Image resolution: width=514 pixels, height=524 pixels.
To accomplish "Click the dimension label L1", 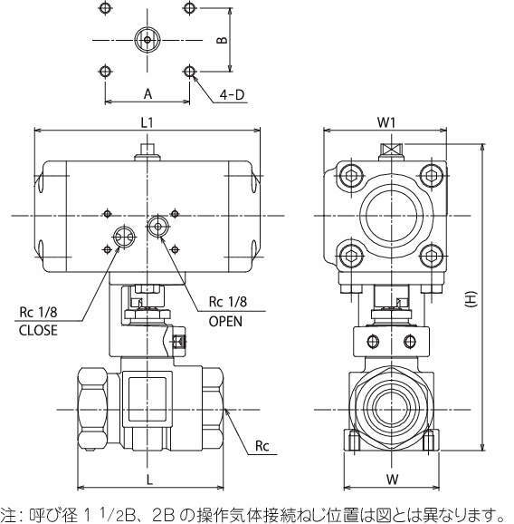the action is point(147,123).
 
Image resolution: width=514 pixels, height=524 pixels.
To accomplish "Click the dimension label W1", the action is point(386,122).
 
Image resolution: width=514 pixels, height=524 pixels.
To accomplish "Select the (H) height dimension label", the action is point(471,298).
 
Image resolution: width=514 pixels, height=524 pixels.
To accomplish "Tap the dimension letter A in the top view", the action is point(148,94).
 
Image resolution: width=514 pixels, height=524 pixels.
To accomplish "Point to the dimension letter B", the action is point(222,40).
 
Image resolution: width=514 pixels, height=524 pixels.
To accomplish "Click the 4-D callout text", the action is point(232,95).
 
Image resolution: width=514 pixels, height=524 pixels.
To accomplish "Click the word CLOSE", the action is point(38,331).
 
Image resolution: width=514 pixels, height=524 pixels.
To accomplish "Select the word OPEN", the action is point(225,321).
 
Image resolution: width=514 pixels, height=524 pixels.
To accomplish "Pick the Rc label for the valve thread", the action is point(262,446).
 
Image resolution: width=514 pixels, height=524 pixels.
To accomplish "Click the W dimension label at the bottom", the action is point(393,480).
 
